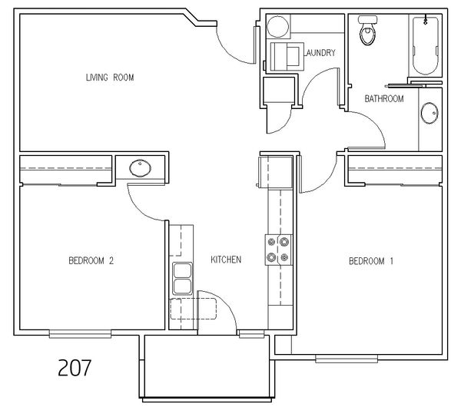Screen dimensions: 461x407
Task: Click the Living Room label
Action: point(110,78)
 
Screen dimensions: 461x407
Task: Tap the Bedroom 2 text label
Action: point(91,260)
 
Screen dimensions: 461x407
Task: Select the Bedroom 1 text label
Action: point(371,261)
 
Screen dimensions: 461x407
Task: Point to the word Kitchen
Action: point(226,260)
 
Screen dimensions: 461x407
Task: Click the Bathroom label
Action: point(384,99)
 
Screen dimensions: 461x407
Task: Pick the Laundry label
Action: point(320,53)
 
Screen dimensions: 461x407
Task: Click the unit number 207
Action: point(75,368)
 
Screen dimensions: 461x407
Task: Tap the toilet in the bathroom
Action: point(367,30)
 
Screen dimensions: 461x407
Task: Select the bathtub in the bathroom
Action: point(426,45)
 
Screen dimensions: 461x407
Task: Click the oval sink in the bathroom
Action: point(429,113)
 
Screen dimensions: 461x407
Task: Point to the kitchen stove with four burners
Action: point(278,250)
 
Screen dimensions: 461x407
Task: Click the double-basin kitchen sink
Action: point(182,279)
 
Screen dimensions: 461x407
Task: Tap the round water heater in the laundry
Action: point(277,26)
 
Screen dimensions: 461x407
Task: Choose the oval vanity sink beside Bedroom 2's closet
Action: point(141,168)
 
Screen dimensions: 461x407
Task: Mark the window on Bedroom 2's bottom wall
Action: point(80,334)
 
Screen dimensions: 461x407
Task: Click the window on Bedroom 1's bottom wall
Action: point(347,359)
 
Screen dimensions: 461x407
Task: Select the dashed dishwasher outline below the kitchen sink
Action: point(193,309)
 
